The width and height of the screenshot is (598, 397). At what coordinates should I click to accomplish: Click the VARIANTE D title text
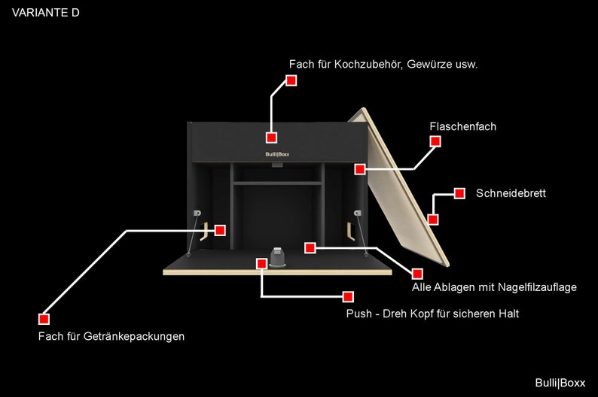(x=46, y=13)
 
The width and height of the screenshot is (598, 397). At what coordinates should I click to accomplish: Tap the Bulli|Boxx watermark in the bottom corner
(x=560, y=383)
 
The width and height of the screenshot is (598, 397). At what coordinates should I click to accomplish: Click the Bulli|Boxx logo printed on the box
(x=277, y=154)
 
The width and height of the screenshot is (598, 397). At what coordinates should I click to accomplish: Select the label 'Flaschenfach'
(x=463, y=126)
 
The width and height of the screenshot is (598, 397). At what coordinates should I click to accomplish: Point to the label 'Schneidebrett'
(x=511, y=193)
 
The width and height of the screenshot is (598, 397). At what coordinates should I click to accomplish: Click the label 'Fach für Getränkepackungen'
(x=111, y=337)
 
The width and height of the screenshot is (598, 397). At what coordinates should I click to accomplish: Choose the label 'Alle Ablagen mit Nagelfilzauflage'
(x=494, y=287)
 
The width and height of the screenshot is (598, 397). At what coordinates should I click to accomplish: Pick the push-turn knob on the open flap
(x=278, y=257)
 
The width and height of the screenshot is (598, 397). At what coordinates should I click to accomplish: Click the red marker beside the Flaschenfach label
(x=435, y=141)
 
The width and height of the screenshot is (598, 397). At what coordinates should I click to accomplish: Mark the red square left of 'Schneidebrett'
(x=459, y=193)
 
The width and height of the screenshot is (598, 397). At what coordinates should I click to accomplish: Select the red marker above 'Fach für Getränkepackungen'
(x=44, y=319)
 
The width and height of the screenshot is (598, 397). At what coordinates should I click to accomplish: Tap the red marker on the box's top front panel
(x=271, y=138)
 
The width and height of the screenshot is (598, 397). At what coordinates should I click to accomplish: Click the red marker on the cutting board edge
(x=432, y=220)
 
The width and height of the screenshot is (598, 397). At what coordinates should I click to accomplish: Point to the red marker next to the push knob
(x=261, y=263)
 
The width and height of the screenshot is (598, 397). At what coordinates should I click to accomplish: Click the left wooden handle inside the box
(x=204, y=232)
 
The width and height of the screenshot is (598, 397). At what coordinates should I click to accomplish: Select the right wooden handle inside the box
(x=349, y=231)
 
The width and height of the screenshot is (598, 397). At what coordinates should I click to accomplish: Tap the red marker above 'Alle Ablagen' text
(x=417, y=274)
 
